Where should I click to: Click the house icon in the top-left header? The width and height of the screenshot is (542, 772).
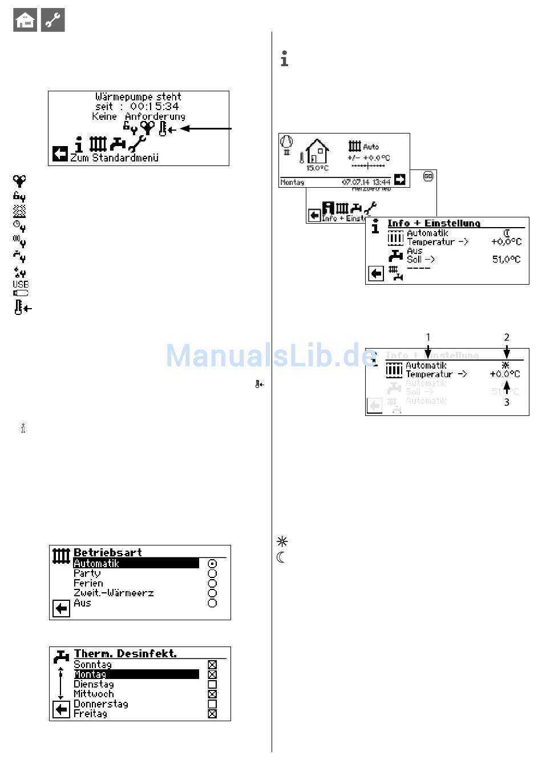coord(25,21)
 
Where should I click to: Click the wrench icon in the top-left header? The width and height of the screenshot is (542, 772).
coord(53,21)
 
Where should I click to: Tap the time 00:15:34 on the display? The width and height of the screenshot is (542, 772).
coord(154,107)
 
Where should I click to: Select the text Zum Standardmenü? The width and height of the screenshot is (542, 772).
coord(114,157)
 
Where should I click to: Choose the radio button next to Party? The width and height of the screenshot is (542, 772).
coord(212,573)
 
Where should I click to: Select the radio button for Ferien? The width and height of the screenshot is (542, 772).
coord(212,583)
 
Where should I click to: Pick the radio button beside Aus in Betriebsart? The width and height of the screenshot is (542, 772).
coord(212,603)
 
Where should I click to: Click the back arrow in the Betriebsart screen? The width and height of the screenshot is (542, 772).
coord(61,608)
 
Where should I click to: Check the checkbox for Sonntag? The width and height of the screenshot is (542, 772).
coord(212,665)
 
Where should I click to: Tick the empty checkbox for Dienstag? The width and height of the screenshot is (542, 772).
coord(212,684)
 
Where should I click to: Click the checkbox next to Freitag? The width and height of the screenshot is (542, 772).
coord(212,714)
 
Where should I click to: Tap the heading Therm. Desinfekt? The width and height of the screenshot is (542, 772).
coord(125,654)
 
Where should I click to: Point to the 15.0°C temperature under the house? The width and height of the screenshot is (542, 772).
coord(318,168)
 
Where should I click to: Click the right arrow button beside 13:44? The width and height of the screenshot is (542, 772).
coord(400,180)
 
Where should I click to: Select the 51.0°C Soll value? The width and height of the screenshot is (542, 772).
coord(506,260)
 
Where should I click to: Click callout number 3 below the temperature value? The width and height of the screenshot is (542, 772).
coord(506,402)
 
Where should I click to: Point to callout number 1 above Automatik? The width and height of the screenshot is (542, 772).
coord(428,337)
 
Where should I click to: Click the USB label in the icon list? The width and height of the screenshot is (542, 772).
coord(21,284)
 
